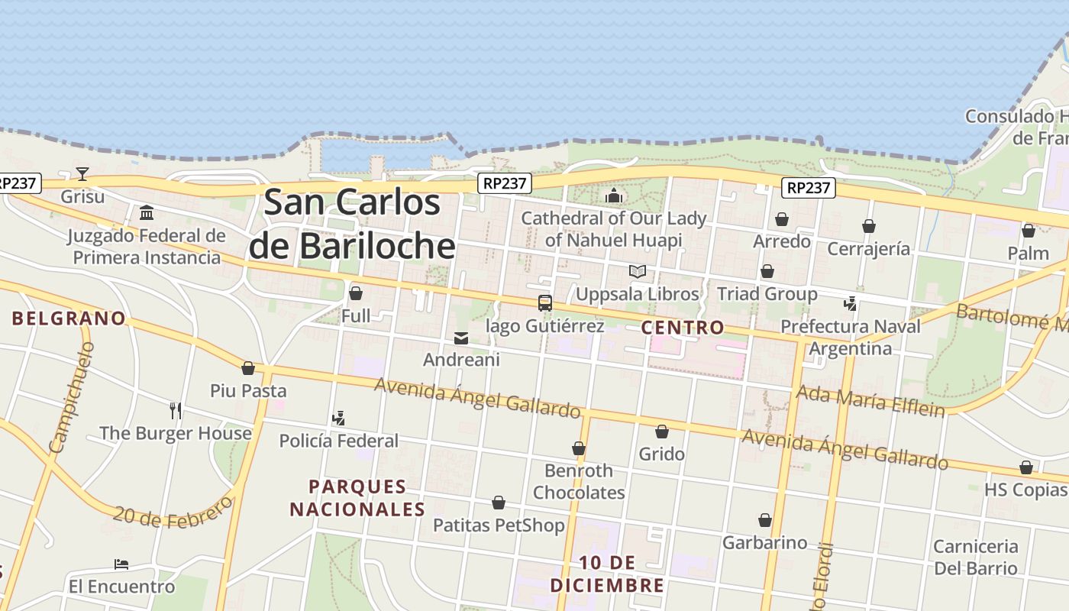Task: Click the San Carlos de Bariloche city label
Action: (x=352, y=224)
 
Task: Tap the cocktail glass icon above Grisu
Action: (x=82, y=174)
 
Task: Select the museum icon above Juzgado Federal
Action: (x=147, y=212)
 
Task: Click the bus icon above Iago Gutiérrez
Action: (x=545, y=303)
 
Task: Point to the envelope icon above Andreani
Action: (x=461, y=338)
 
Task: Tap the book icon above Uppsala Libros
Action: (x=638, y=271)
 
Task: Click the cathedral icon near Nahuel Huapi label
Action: (x=614, y=196)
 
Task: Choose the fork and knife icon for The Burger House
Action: (x=176, y=411)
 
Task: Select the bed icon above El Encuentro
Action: (x=121, y=565)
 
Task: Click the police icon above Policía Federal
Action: (x=338, y=419)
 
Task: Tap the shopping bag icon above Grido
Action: (x=662, y=432)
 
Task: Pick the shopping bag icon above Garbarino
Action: (x=765, y=521)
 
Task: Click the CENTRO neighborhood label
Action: (x=683, y=328)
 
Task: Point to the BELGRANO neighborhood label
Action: (x=69, y=318)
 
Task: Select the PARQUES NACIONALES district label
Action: (x=357, y=498)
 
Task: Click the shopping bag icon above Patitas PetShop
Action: (x=499, y=503)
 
